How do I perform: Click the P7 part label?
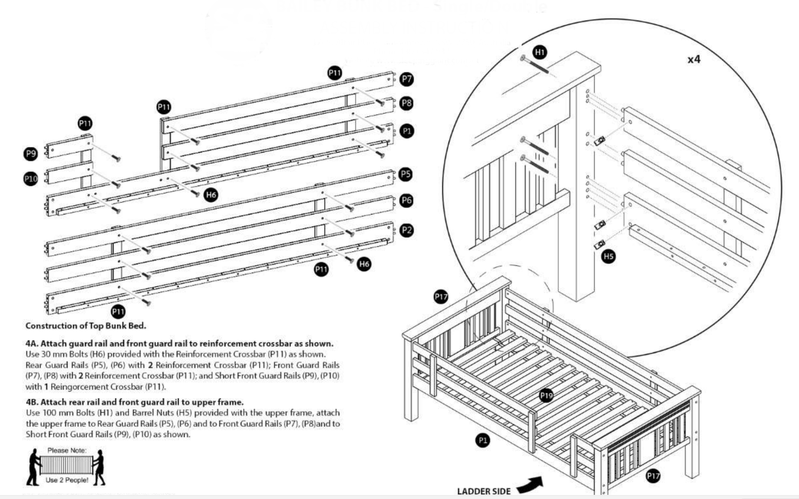[x=406, y=79]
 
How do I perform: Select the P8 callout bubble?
[x=406, y=103]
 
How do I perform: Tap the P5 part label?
[x=405, y=174]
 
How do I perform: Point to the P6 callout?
[x=406, y=200]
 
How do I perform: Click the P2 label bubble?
[x=406, y=230]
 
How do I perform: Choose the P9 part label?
[x=30, y=153]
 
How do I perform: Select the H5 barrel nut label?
[x=609, y=257]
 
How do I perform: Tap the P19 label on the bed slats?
[x=546, y=396]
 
